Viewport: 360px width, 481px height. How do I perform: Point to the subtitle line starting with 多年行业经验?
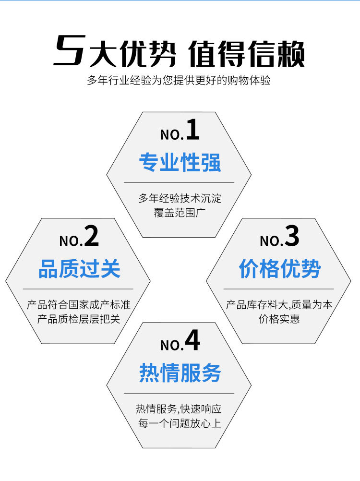[x=179, y=80]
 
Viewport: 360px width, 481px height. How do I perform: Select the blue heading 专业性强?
[x=180, y=163]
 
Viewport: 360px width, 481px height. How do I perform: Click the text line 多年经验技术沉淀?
[x=180, y=198]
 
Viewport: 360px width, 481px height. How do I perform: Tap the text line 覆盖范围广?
[x=180, y=212]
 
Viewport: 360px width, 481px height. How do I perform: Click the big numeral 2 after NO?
[x=91, y=237]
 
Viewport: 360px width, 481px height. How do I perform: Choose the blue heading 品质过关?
[x=79, y=269]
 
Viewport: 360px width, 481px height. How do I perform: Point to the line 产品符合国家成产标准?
[x=79, y=304]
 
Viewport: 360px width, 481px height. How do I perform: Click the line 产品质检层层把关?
[x=79, y=319]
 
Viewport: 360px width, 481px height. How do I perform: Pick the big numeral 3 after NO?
[x=292, y=237]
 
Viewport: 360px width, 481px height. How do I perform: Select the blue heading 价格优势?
[x=279, y=269]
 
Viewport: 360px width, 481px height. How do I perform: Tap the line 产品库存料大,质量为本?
[x=279, y=304]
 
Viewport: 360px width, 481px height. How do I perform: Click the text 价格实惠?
[x=279, y=319]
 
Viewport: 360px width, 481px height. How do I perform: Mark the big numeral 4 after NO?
[x=192, y=341]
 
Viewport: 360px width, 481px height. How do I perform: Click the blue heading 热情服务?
[x=180, y=373]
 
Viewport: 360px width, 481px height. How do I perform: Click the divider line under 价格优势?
[x=279, y=289]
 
